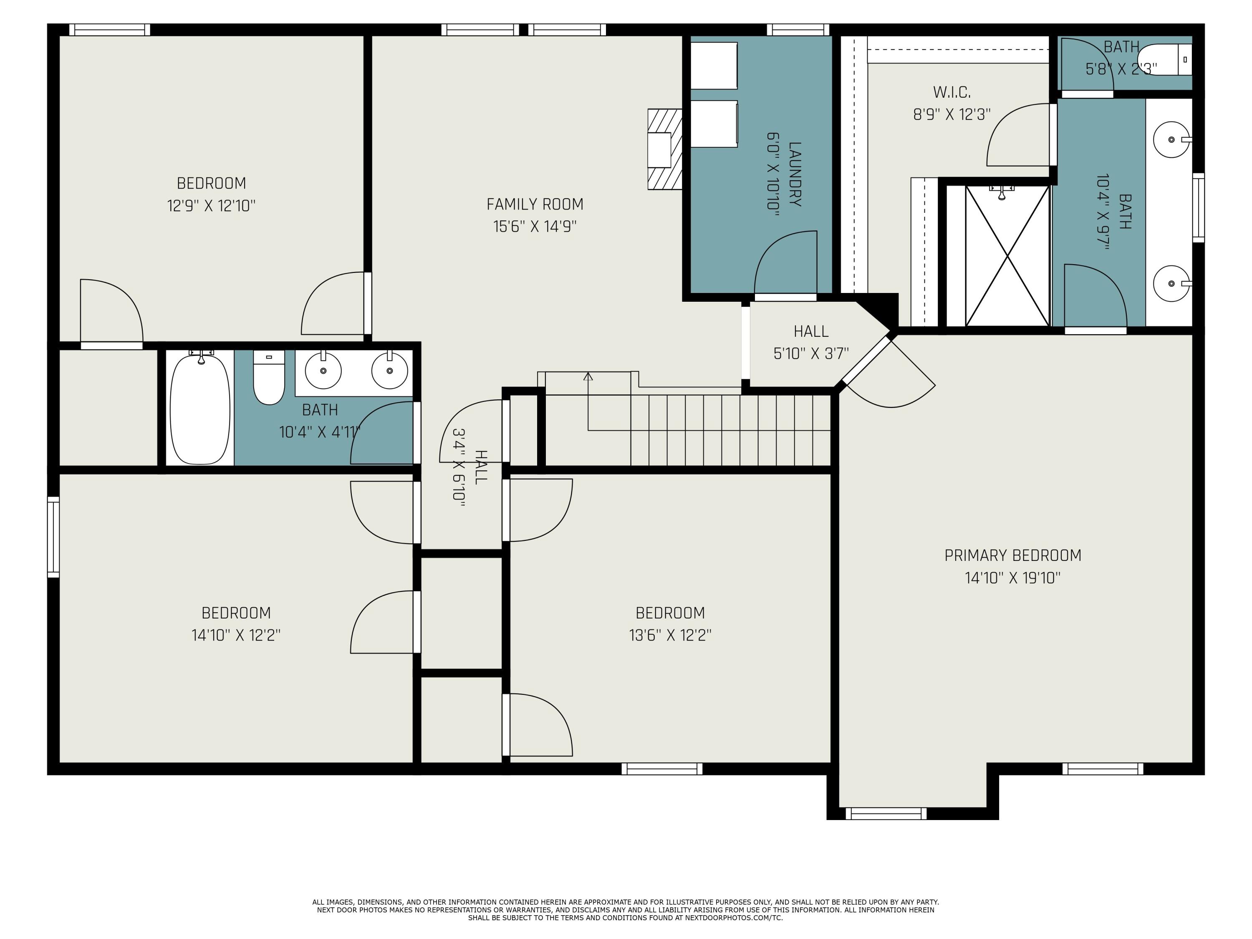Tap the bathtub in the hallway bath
[x=200, y=407]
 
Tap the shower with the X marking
[x=1007, y=256]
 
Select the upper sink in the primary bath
[x=1171, y=139]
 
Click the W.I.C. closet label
[x=952, y=92]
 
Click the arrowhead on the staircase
[x=588, y=376]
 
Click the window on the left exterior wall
[x=53, y=537]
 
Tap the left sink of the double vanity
[x=323, y=371]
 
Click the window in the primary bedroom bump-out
[x=886, y=813]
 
